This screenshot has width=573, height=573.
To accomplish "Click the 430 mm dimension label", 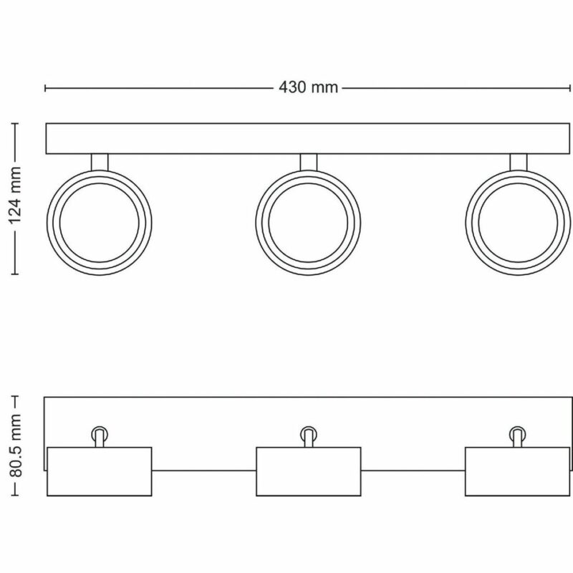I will click(x=308, y=88).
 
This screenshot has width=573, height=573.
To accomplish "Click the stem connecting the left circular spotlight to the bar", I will click(x=100, y=162).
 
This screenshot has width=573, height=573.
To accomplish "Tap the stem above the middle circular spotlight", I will click(x=309, y=162).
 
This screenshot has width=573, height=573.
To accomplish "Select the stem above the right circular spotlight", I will click(x=518, y=162).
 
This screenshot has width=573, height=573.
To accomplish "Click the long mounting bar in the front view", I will click(x=308, y=139).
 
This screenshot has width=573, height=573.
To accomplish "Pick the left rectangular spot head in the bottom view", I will click(x=100, y=471).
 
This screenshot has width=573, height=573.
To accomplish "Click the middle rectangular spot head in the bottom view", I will click(x=309, y=471).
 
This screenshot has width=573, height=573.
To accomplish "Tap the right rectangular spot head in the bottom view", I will click(x=518, y=471).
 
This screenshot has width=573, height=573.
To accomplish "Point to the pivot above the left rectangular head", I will click(x=100, y=434).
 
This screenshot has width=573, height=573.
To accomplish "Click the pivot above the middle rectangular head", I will click(x=309, y=434).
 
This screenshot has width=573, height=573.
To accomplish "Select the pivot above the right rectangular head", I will click(x=518, y=434).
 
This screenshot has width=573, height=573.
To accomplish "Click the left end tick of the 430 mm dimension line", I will click(x=46, y=88).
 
